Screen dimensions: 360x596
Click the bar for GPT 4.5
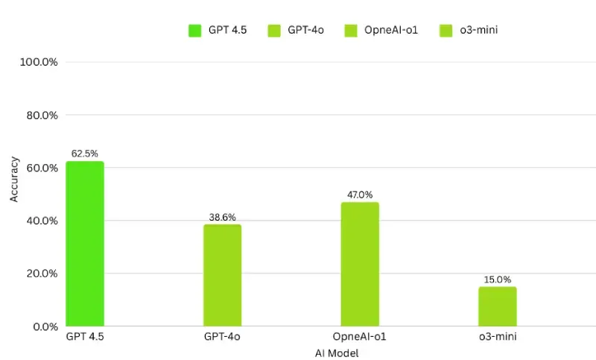(x=85, y=244)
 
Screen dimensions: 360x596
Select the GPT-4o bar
(x=222, y=275)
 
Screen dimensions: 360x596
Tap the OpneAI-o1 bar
(x=360, y=264)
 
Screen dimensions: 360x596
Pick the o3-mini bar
(x=498, y=306)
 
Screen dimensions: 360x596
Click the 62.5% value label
(x=85, y=154)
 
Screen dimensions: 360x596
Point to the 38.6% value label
(x=222, y=217)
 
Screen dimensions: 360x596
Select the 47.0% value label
(x=360, y=195)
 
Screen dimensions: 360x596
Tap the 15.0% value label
(x=498, y=280)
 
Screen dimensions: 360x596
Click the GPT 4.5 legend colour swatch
(x=195, y=31)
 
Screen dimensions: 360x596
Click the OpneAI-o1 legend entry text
(x=390, y=31)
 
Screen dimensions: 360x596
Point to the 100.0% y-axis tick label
(x=39, y=63)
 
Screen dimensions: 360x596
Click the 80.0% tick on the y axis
(x=41, y=116)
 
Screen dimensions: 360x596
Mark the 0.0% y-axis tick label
(x=44, y=326)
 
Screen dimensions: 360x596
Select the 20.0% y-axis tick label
(x=41, y=274)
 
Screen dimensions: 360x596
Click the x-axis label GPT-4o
(x=222, y=338)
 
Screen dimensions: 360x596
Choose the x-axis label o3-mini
(x=498, y=338)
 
